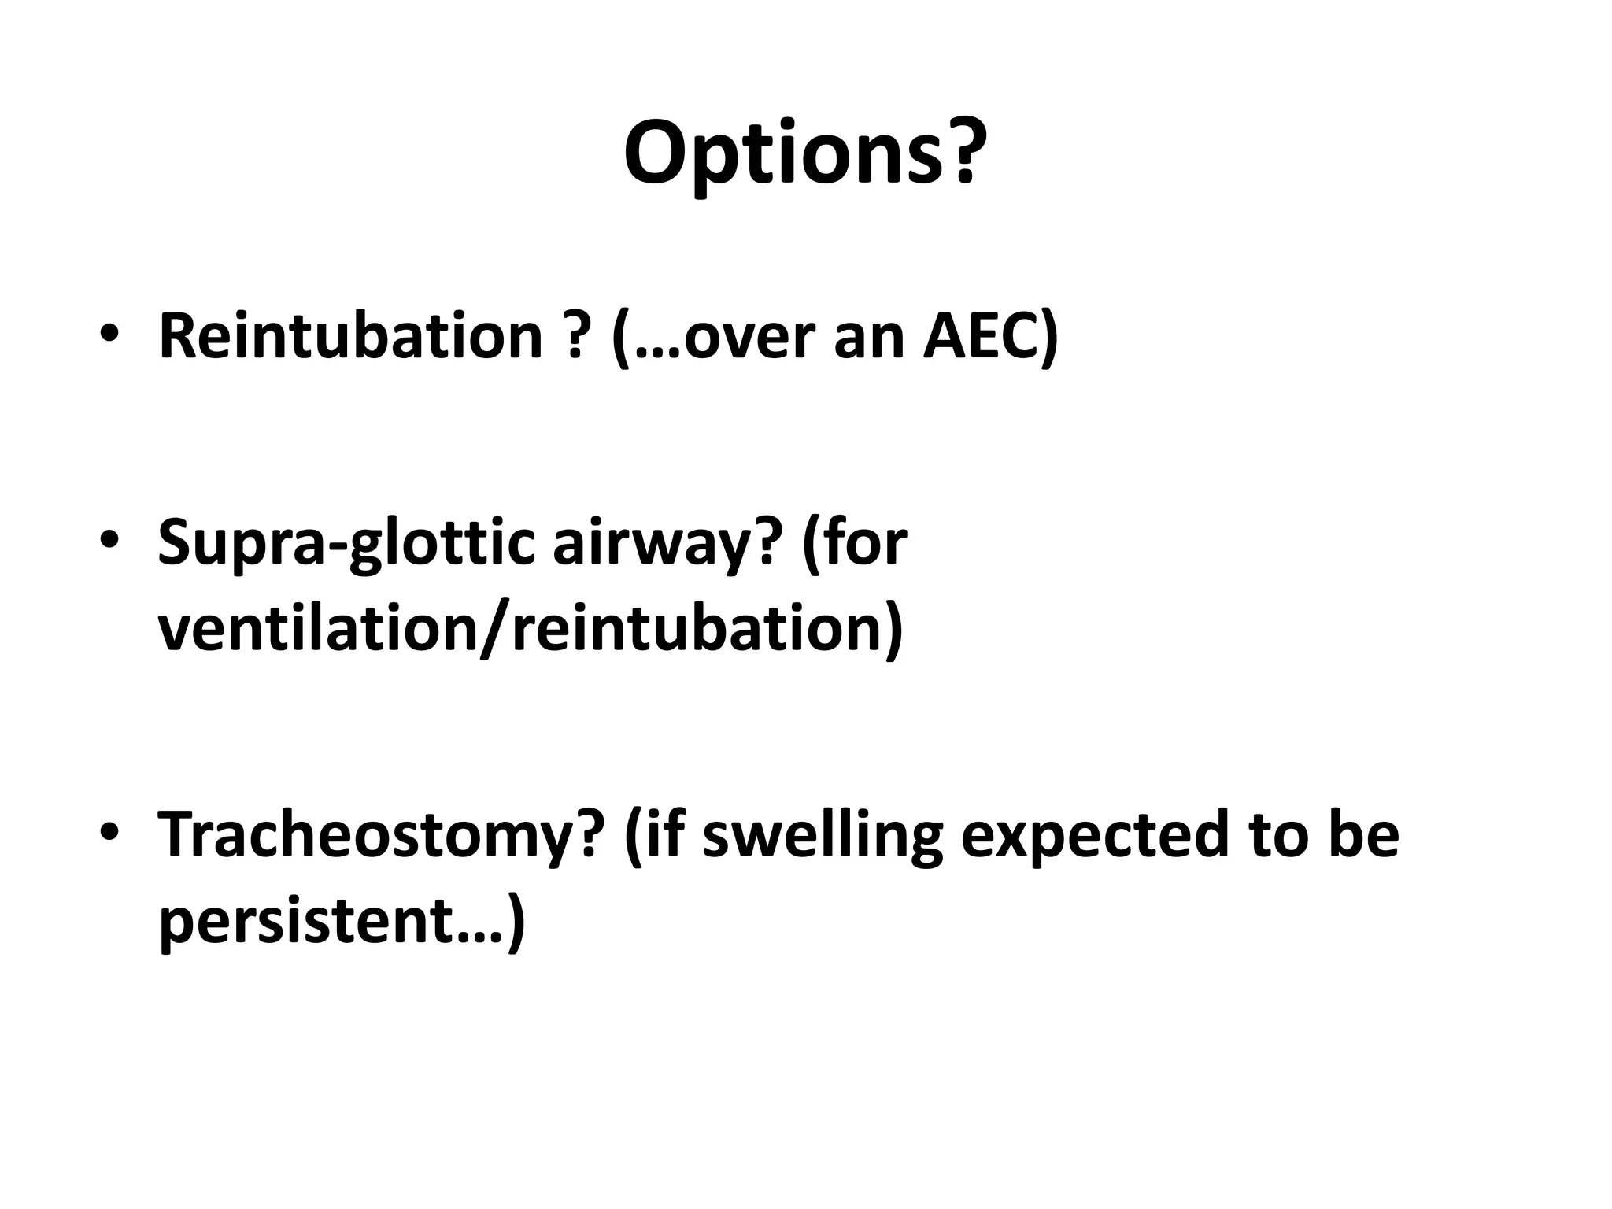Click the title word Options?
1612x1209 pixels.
click(804, 153)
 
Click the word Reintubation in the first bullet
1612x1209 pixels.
click(351, 336)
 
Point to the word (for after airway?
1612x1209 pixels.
click(855, 543)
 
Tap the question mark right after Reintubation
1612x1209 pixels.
click(577, 336)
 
